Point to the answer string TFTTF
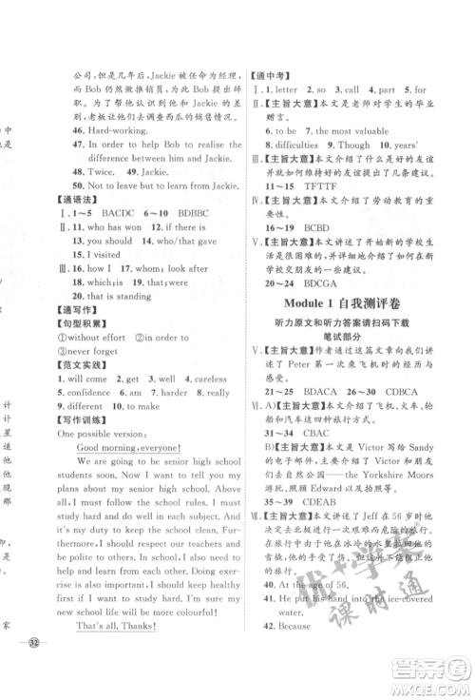[319, 204]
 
